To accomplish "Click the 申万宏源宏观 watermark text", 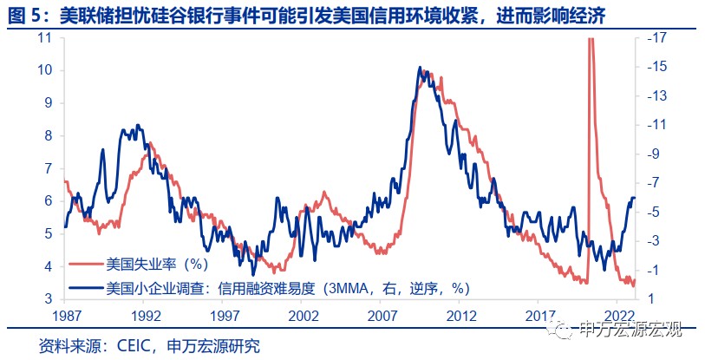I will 630,328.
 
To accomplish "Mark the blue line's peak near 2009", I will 420,67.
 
